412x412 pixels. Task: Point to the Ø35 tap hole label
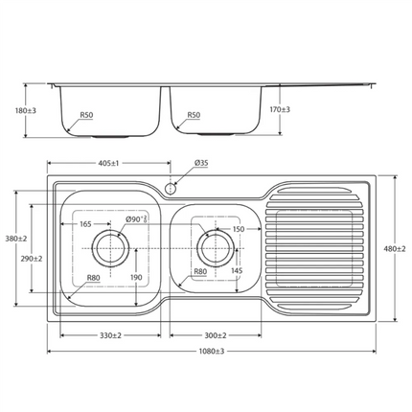(x=201, y=163)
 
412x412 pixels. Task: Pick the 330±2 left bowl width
(x=110, y=336)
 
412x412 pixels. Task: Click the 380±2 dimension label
(x=16, y=239)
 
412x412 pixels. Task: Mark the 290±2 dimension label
(x=32, y=259)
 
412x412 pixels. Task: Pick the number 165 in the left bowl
(x=85, y=224)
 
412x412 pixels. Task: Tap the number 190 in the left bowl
(x=136, y=278)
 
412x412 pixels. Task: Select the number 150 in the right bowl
(x=239, y=229)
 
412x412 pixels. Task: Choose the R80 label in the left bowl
(x=93, y=279)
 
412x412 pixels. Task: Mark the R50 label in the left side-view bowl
(x=86, y=115)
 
